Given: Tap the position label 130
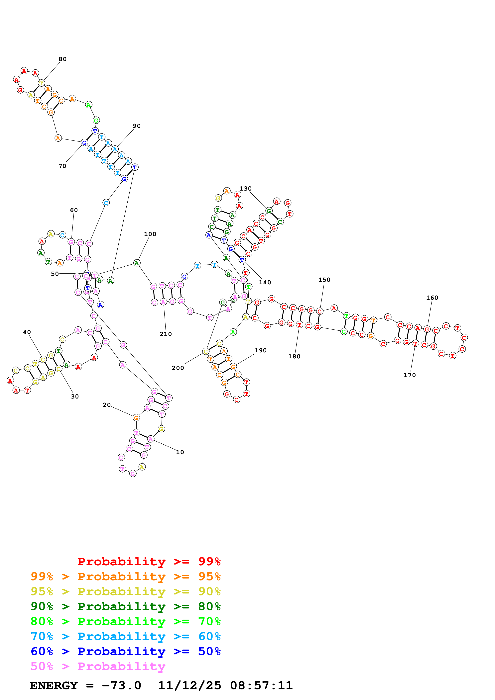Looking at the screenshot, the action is coord(246,189).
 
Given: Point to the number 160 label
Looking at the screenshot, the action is coord(432,298).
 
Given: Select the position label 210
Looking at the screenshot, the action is coord(166,334).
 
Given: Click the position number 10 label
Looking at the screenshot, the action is coord(180,452).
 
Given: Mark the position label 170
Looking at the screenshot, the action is coord(410,375).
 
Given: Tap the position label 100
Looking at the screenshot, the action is coord(150,234).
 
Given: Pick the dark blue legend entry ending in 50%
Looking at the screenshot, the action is coord(125,652).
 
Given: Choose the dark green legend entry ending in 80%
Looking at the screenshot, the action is coord(125,607).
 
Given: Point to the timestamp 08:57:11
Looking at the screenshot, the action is coord(261,686).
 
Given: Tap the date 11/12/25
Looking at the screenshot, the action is coord(189,686).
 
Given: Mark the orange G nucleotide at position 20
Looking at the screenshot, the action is coord(136,418).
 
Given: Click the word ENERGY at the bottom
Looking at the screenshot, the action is coord(54,686).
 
